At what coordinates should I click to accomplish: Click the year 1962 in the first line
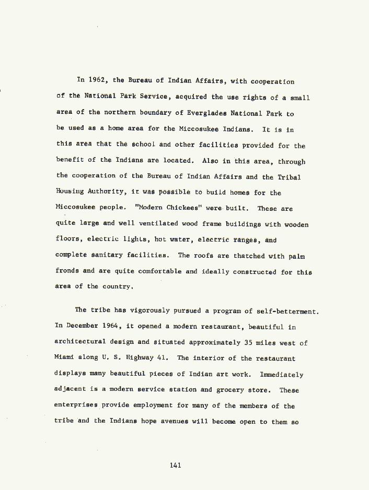97,80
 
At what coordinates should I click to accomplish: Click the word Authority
101,193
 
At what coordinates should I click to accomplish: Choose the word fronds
67,271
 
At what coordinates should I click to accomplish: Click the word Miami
64,358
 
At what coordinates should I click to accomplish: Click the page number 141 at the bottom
175,465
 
